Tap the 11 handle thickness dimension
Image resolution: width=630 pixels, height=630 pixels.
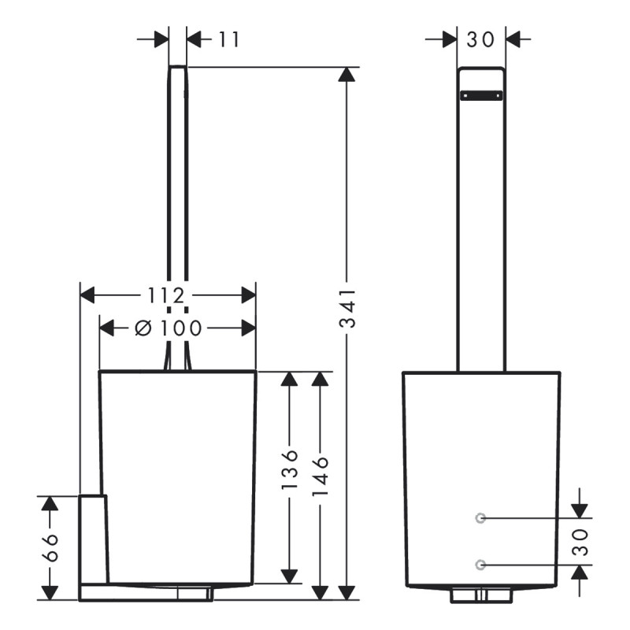tap(228, 39)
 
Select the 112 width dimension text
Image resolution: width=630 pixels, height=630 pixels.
tap(166, 295)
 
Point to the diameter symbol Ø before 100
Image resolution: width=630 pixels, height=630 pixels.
tap(143, 328)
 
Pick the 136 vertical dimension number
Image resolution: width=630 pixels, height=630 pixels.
tap(290, 470)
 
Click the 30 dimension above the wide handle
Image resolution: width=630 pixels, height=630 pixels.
tap(481, 39)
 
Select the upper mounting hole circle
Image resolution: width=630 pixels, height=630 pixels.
tap(481, 517)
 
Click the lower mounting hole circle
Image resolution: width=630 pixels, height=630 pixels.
tap(481, 564)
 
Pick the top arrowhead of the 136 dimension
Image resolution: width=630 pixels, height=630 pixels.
tap(290, 380)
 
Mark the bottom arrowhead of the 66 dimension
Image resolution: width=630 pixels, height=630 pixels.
tap(50, 591)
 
